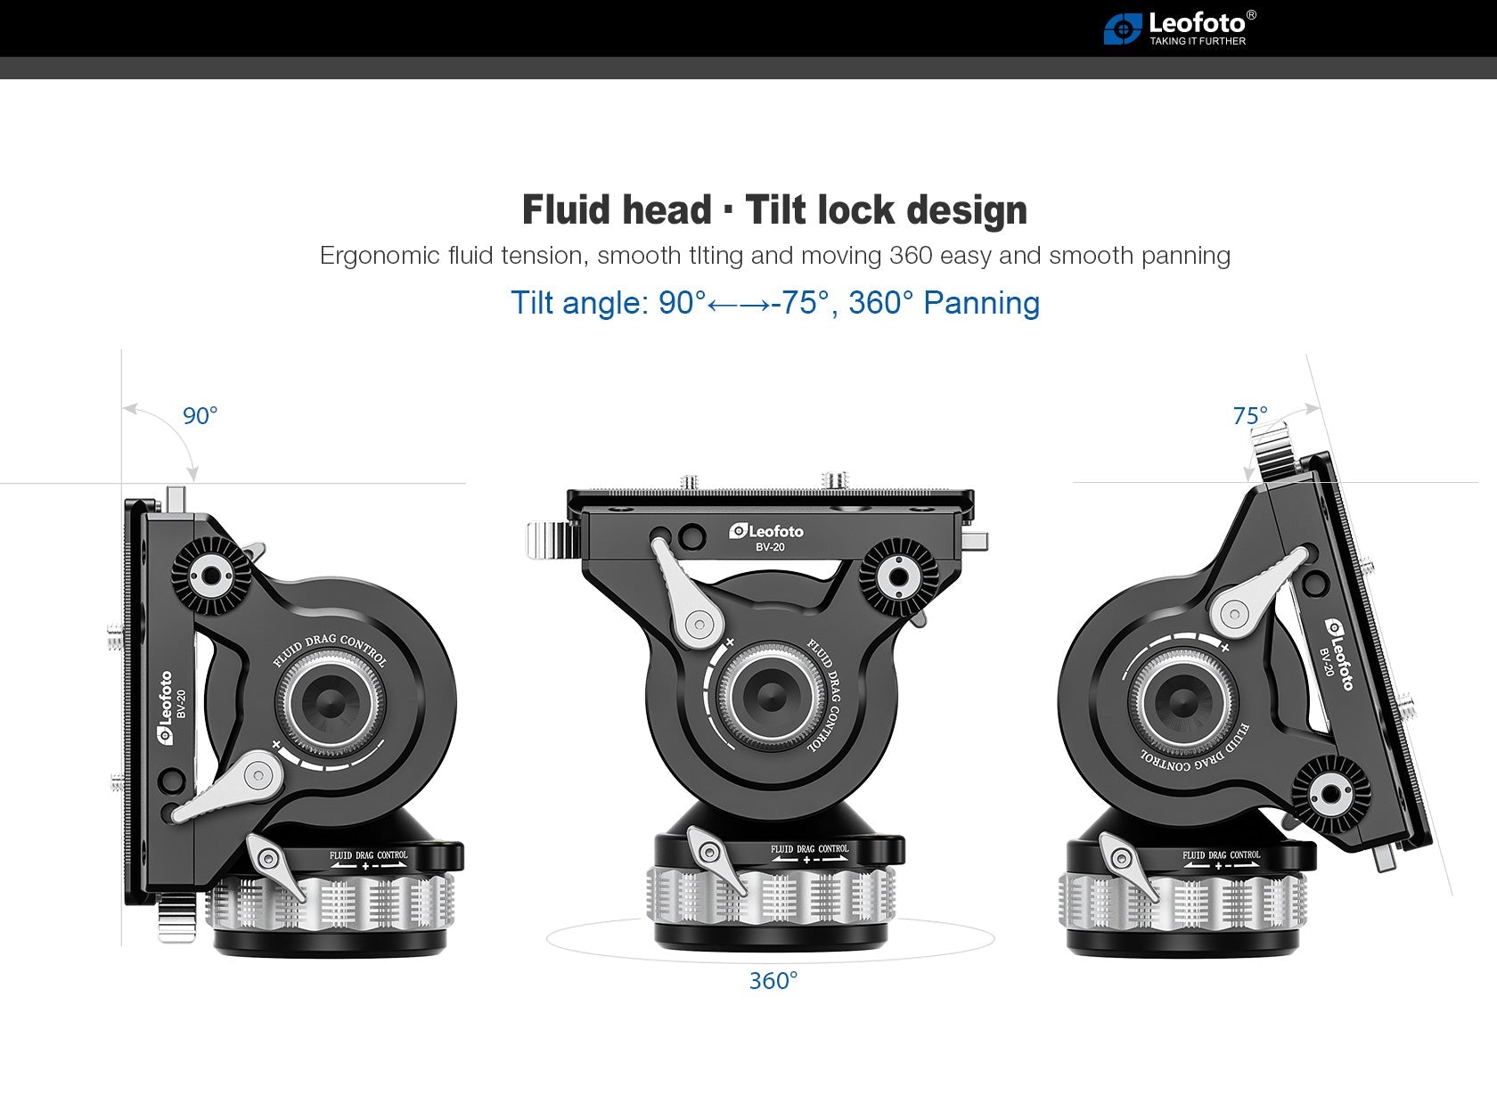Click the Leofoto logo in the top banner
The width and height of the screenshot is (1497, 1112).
pyautogui.click(x=1179, y=28)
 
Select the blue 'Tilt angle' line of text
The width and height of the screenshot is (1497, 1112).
pyautogui.click(x=774, y=303)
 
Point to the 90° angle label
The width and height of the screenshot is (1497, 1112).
pyautogui.click(x=200, y=416)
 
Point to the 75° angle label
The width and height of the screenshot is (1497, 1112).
pyautogui.click(x=1249, y=416)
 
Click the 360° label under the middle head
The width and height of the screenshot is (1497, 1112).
pyautogui.click(x=773, y=981)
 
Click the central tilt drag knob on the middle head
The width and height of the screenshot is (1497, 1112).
pyautogui.click(x=771, y=696)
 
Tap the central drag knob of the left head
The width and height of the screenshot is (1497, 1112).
pyautogui.click(x=331, y=701)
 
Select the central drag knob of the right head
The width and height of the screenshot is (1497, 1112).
pyautogui.click(x=1182, y=701)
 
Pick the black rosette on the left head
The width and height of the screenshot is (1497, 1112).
pyautogui.click(x=210, y=576)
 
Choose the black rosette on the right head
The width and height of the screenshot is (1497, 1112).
pyautogui.click(x=1330, y=792)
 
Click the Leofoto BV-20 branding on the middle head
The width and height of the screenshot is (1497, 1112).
pyautogui.click(x=767, y=536)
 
